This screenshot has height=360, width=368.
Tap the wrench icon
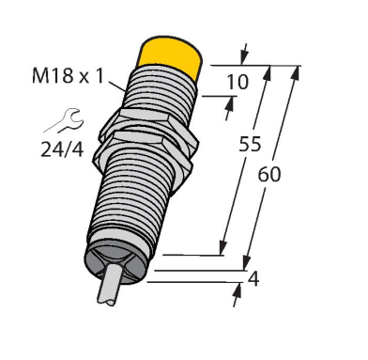(x=57, y=120)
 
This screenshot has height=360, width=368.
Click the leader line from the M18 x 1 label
(x=117, y=84)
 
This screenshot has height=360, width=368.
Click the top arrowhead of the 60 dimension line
(x=299, y=70)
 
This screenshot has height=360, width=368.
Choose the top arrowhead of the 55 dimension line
(x=270, y=71)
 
